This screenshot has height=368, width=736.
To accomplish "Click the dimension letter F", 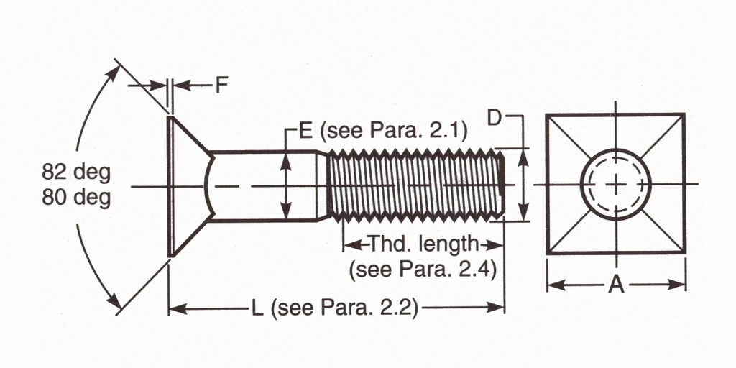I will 222,86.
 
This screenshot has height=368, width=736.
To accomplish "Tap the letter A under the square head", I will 616,284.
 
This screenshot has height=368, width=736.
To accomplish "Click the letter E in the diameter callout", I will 305,131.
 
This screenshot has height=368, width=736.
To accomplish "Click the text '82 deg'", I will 76,173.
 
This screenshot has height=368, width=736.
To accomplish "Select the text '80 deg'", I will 76,197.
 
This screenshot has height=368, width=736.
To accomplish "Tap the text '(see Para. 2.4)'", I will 423,270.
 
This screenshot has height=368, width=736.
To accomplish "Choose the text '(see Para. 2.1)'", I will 393,131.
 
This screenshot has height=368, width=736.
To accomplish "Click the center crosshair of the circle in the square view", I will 616,184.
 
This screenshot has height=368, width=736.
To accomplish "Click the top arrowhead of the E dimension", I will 286,157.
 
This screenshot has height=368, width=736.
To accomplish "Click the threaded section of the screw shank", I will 413,184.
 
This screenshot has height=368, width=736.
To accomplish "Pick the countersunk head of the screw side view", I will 187,184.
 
